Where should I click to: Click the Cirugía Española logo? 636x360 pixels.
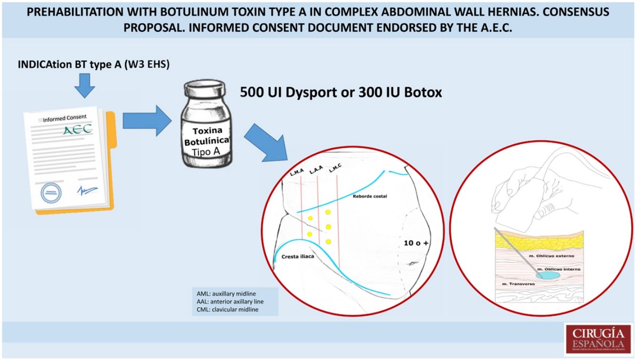pos(598,339)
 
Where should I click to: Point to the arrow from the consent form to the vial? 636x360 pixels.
pos(146,121)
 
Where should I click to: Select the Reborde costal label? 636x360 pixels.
pos(369,196)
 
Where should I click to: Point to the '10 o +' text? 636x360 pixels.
pos(417,243)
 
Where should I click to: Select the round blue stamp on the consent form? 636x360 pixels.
pos(51,193)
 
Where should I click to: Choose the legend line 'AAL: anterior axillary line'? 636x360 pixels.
pos(230,301)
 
